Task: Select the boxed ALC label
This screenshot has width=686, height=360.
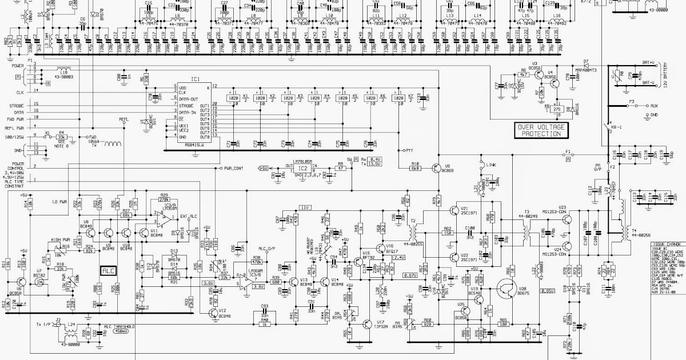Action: [x=108, y=270]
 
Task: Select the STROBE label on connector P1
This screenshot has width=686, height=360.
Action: [x=17, y=106]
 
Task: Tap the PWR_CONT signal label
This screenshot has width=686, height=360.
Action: [x=234, y=169]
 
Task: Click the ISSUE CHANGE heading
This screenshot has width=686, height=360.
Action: [x=665, y=245]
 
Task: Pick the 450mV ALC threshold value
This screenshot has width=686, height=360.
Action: [x=121, y=330]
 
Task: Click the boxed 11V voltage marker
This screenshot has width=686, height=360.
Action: [x=305, y=207]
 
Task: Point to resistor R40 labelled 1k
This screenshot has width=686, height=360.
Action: [x=265, y=325]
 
